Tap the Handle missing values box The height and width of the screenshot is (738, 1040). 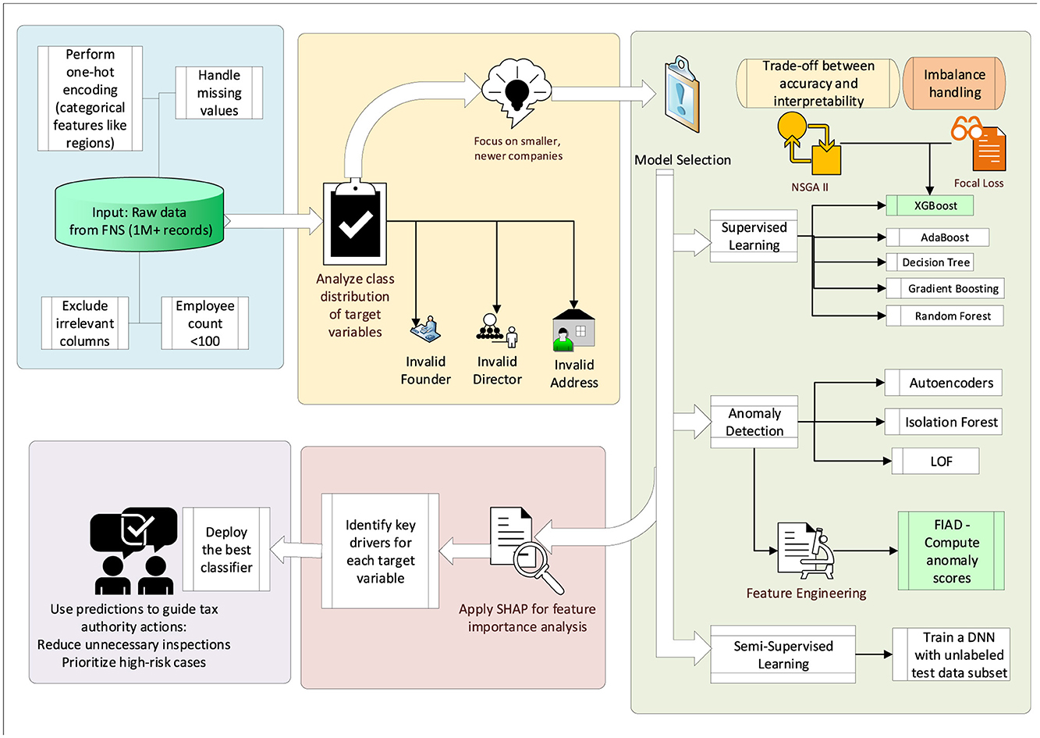[219, 93]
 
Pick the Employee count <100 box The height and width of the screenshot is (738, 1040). [205, 323]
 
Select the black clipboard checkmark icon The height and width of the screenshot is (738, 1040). [355, 223]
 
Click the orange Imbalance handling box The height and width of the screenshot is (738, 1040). [954, 84]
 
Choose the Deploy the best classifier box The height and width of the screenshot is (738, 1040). [226, 550]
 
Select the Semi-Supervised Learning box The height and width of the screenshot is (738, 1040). [783, 654]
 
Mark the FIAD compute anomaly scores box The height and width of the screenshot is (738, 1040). [951, 551]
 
